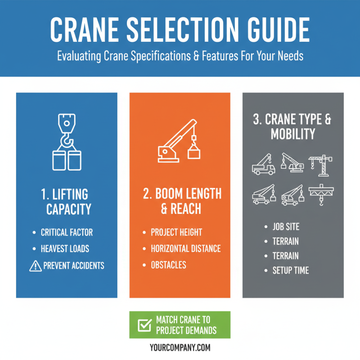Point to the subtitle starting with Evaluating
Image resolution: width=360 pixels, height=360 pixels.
click(180, 58)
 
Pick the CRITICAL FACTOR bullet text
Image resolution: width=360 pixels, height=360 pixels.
click(67, 233)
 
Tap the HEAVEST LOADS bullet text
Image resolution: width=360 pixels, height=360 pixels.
click(65, 249)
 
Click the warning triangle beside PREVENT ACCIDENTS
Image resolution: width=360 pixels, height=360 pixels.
click(35, 265)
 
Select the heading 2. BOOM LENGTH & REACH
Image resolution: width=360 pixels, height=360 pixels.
click(182, 201)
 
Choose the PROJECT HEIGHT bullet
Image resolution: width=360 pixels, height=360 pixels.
click(176, 233)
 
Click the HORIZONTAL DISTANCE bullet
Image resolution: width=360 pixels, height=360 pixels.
click(185, 248)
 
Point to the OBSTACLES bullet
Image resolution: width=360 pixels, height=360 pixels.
click(168, 265)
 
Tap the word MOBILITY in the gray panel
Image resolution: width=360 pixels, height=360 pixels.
click(292, 134)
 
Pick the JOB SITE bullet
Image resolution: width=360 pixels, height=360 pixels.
click(286, 227)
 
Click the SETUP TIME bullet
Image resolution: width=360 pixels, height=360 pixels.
click(290, 270)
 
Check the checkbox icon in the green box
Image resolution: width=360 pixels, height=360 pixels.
click(144, 325)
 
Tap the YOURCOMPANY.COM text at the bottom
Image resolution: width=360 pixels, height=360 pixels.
click(180, 347)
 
